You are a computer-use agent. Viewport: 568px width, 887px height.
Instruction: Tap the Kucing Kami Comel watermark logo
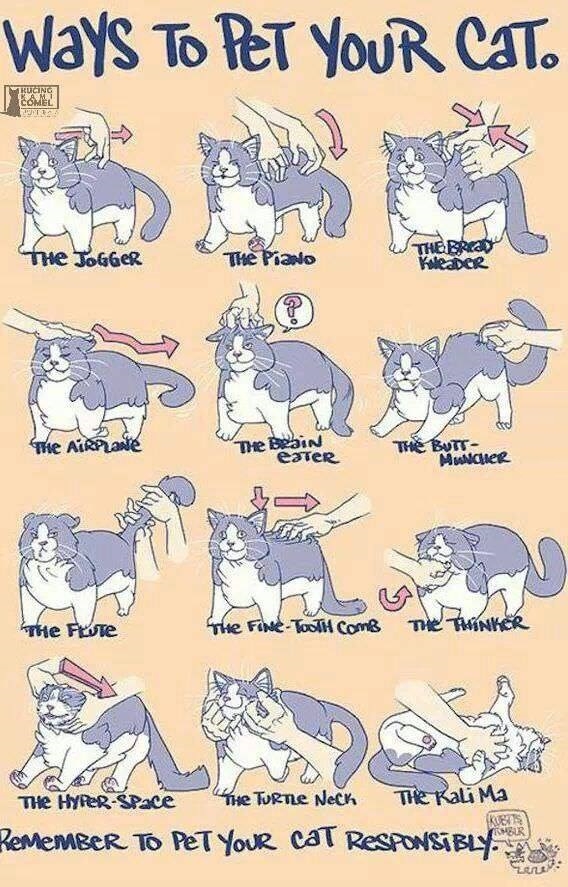coord(32,98)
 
